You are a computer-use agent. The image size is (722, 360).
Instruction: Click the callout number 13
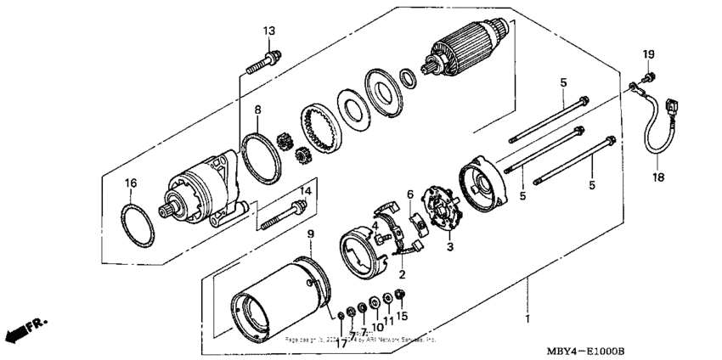pyautogui.click(x=268, y=31)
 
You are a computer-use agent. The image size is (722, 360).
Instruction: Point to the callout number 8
pyautogui.click(x=257, y=110)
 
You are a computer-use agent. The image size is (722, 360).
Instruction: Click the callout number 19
pyautogui.click(x=647, y=55)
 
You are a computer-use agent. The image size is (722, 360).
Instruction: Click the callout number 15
pyautogui.click(x=402, y=317)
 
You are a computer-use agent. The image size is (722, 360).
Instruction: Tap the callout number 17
pyautogui.click(x=340, y=344)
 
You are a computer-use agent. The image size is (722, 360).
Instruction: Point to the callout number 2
pyautogui.click(x=403, y=274)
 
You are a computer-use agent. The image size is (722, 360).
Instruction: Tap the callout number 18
pyautogui.click(x=658, y=178)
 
